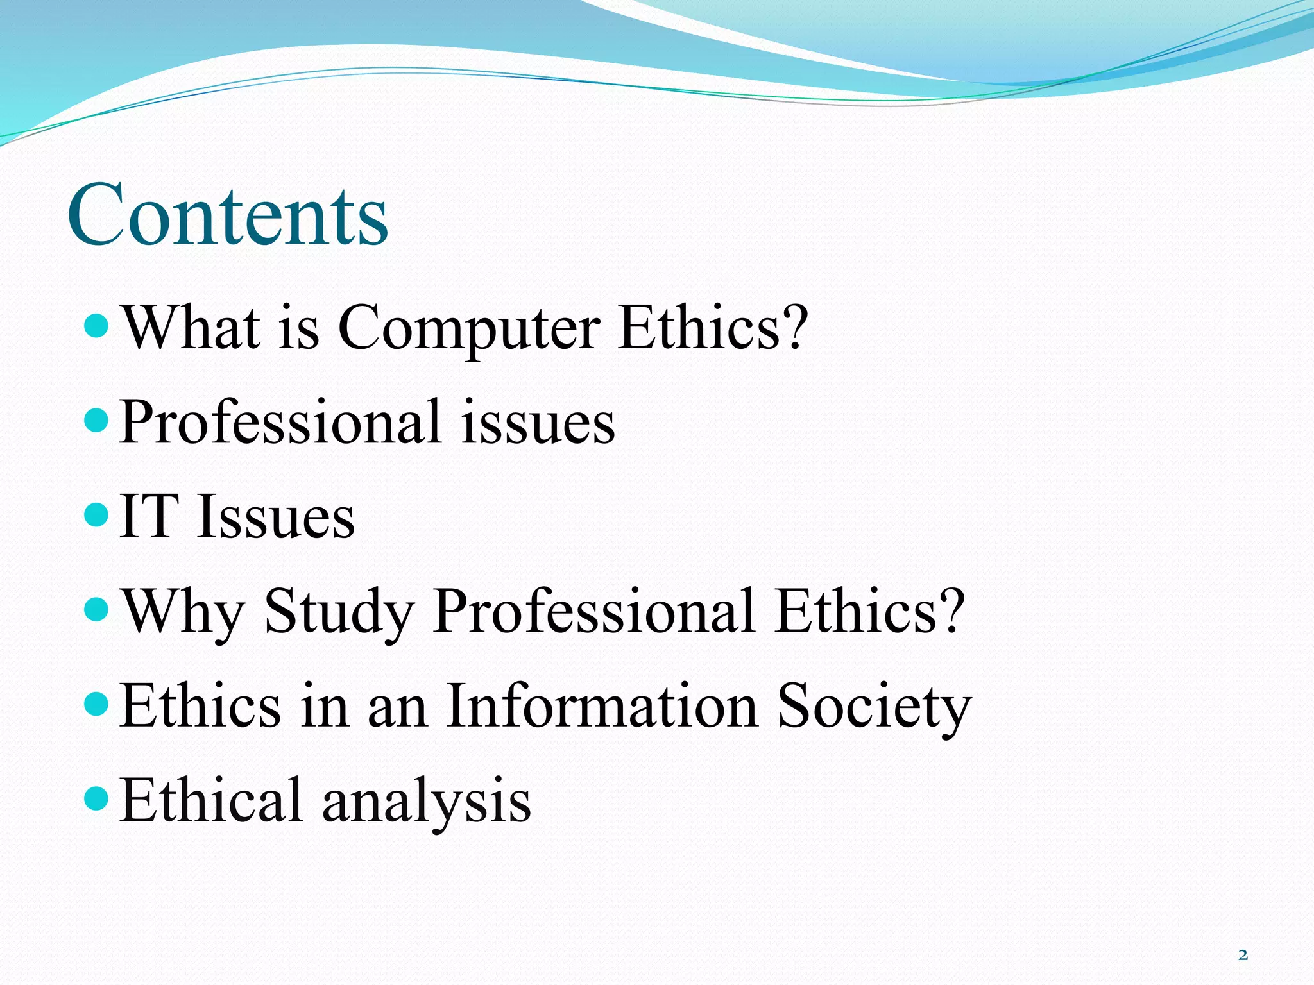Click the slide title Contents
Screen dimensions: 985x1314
coord(228,215)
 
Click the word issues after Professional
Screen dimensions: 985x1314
coord(538,423)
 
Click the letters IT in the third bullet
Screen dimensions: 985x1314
coord(148,517)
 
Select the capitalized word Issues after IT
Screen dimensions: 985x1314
coord(276,517)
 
